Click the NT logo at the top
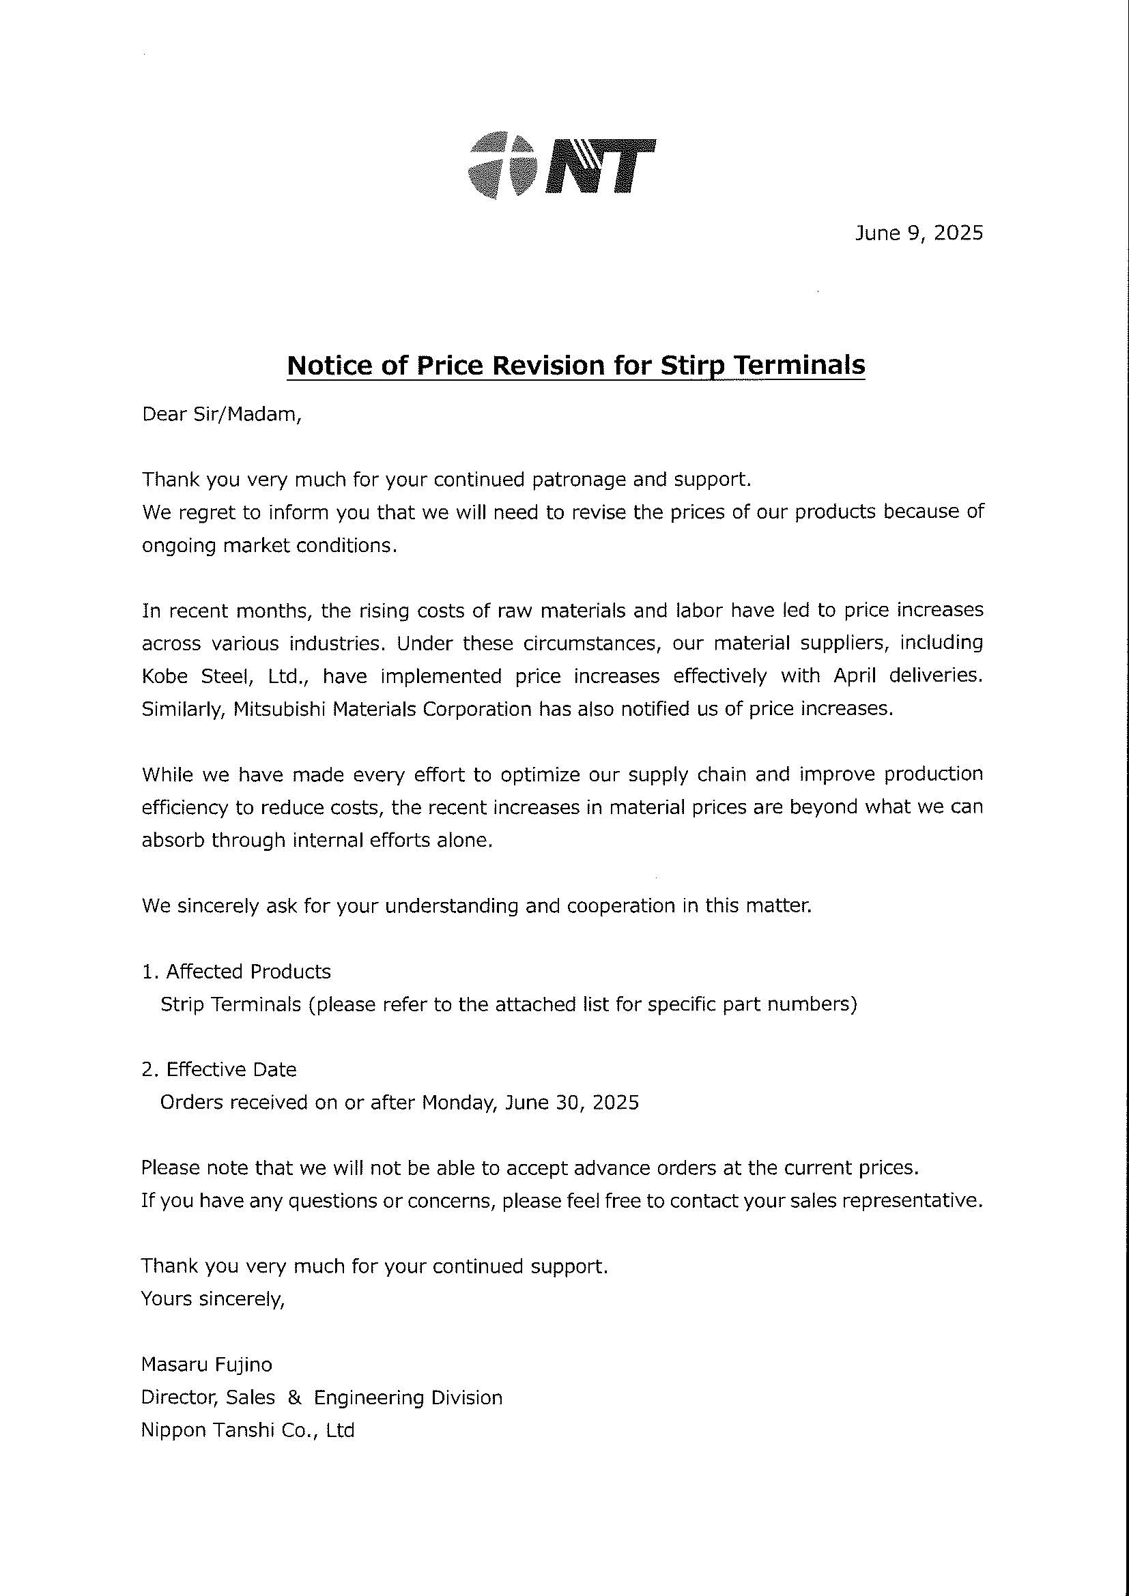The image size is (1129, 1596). point(562,165)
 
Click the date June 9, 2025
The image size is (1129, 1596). point(918,233)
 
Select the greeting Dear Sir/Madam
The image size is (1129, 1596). point(222,414)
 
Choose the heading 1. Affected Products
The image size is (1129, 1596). point(236,971)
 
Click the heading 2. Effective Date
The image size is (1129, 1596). point(219,1069)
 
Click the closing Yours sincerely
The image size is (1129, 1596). point(213,1298)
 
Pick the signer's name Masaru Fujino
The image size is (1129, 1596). point(206,1365)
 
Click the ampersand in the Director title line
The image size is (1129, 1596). point(294,1398)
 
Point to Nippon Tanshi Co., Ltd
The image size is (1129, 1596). point(248,1431)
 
